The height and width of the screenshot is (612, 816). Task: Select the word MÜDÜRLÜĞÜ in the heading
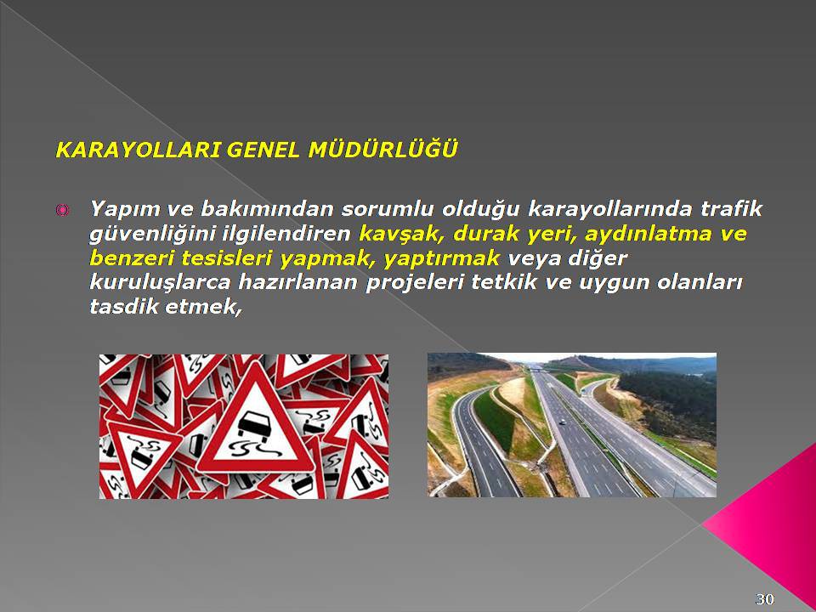[x=383, y=149]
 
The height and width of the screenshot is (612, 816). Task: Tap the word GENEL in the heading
[x=263, y=150]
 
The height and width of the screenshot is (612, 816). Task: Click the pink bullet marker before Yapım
[x=62, y=210]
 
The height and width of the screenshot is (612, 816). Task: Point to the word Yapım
[x=125, y=210]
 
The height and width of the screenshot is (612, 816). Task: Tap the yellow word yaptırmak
[x=442, y=258]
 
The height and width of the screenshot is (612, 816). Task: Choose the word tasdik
[x=125, y=306]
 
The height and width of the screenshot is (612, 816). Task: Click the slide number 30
[x=764, y=599]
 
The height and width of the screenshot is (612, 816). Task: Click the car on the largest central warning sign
[x=255, y=425]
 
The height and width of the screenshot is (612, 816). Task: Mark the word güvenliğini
[x=153, y=235]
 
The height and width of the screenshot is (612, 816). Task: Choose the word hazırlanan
[x=298, y=282]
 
